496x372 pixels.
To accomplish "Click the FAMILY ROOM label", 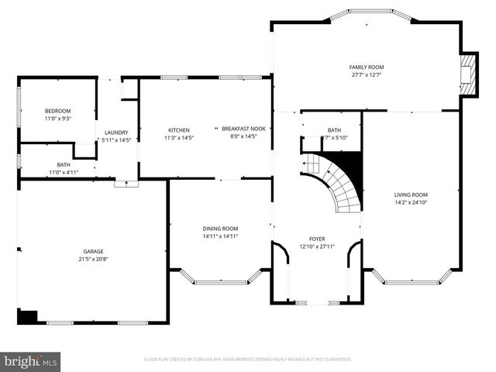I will point(367,67).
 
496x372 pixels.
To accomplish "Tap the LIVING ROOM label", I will point(410,195).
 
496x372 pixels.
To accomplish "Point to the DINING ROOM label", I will point(220,229).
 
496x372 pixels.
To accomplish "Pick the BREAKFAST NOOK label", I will point(243,129).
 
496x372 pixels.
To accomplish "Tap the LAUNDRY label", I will point(116,133).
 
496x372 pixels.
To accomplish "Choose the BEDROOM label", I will point(57,111).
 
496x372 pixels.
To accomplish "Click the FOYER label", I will point(317,239).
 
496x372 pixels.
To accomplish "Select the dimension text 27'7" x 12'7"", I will point(367,76).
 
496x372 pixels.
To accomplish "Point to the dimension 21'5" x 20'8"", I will point(93,260).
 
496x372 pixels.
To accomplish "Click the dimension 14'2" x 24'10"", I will point(410,203).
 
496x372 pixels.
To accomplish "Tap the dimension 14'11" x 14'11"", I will point(220,236).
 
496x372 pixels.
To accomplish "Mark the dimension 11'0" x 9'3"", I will point(57,119).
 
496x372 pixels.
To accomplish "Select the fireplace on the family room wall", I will point(468,75).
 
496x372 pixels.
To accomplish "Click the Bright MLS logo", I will point(31,360).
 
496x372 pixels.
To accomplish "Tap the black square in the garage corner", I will point(27,316).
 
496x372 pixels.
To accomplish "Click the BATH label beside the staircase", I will point(334,130).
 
